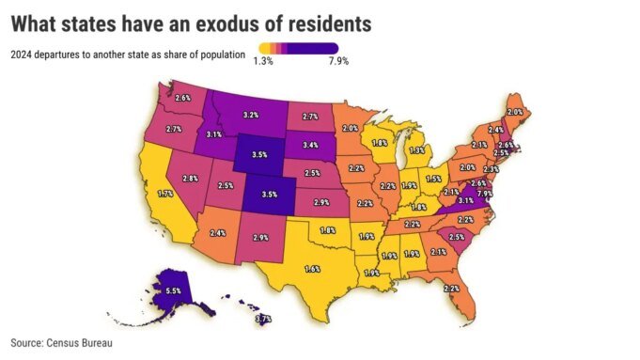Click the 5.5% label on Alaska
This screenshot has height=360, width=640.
click(173, 292)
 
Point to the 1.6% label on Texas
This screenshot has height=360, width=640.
click(312, 269)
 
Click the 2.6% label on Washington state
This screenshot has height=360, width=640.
click(182, 98)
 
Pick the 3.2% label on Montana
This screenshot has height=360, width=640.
click(251, 115)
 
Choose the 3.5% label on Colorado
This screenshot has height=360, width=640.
click(269, 195)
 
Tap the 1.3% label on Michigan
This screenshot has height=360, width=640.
click(417, 149)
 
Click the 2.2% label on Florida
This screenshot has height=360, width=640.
click(451, 288)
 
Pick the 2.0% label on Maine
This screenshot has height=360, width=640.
click(515, 111)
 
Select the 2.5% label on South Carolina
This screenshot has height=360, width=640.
click(458, 237)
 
